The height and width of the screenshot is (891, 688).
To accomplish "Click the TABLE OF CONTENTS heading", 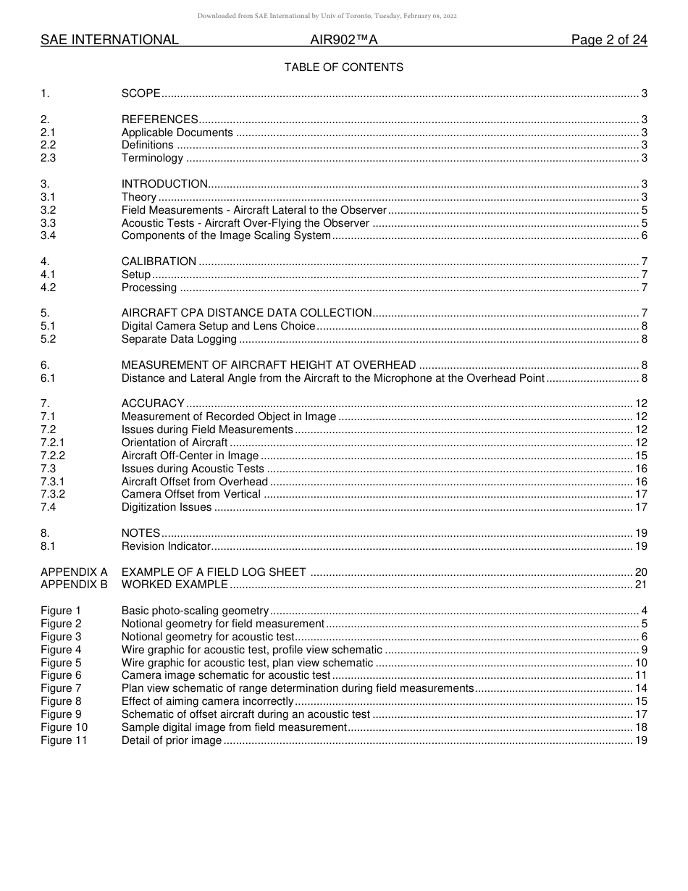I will point(343,67).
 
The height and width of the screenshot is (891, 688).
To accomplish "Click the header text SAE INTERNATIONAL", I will point(109,41).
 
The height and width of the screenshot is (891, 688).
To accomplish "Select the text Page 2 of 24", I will point(609,41).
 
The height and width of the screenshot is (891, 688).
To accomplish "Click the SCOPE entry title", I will point(140,93).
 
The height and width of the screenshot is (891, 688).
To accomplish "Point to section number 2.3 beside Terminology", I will point(48,158).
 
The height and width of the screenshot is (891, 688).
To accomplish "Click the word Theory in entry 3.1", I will point(139,197).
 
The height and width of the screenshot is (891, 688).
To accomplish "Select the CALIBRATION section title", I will point(159,262).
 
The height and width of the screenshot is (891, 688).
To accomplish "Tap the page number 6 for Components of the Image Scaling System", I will point(644,236).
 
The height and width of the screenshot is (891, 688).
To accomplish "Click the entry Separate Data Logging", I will point(179,339).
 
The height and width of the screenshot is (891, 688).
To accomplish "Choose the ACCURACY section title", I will point(153,403).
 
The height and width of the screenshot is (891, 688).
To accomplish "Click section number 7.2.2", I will point(53,456).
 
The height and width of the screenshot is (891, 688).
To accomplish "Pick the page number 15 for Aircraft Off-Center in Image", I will point(641,456).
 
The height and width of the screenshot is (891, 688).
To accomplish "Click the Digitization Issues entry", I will point(167,507).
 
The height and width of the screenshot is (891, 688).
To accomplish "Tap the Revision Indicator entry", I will point(166,546).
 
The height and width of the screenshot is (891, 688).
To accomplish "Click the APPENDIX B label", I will point(74,585).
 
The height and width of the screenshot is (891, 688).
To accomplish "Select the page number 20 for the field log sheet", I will point(641,572).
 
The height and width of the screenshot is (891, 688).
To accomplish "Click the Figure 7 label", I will point(61,688).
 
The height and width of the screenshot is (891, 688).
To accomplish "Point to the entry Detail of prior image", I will point(172,740).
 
